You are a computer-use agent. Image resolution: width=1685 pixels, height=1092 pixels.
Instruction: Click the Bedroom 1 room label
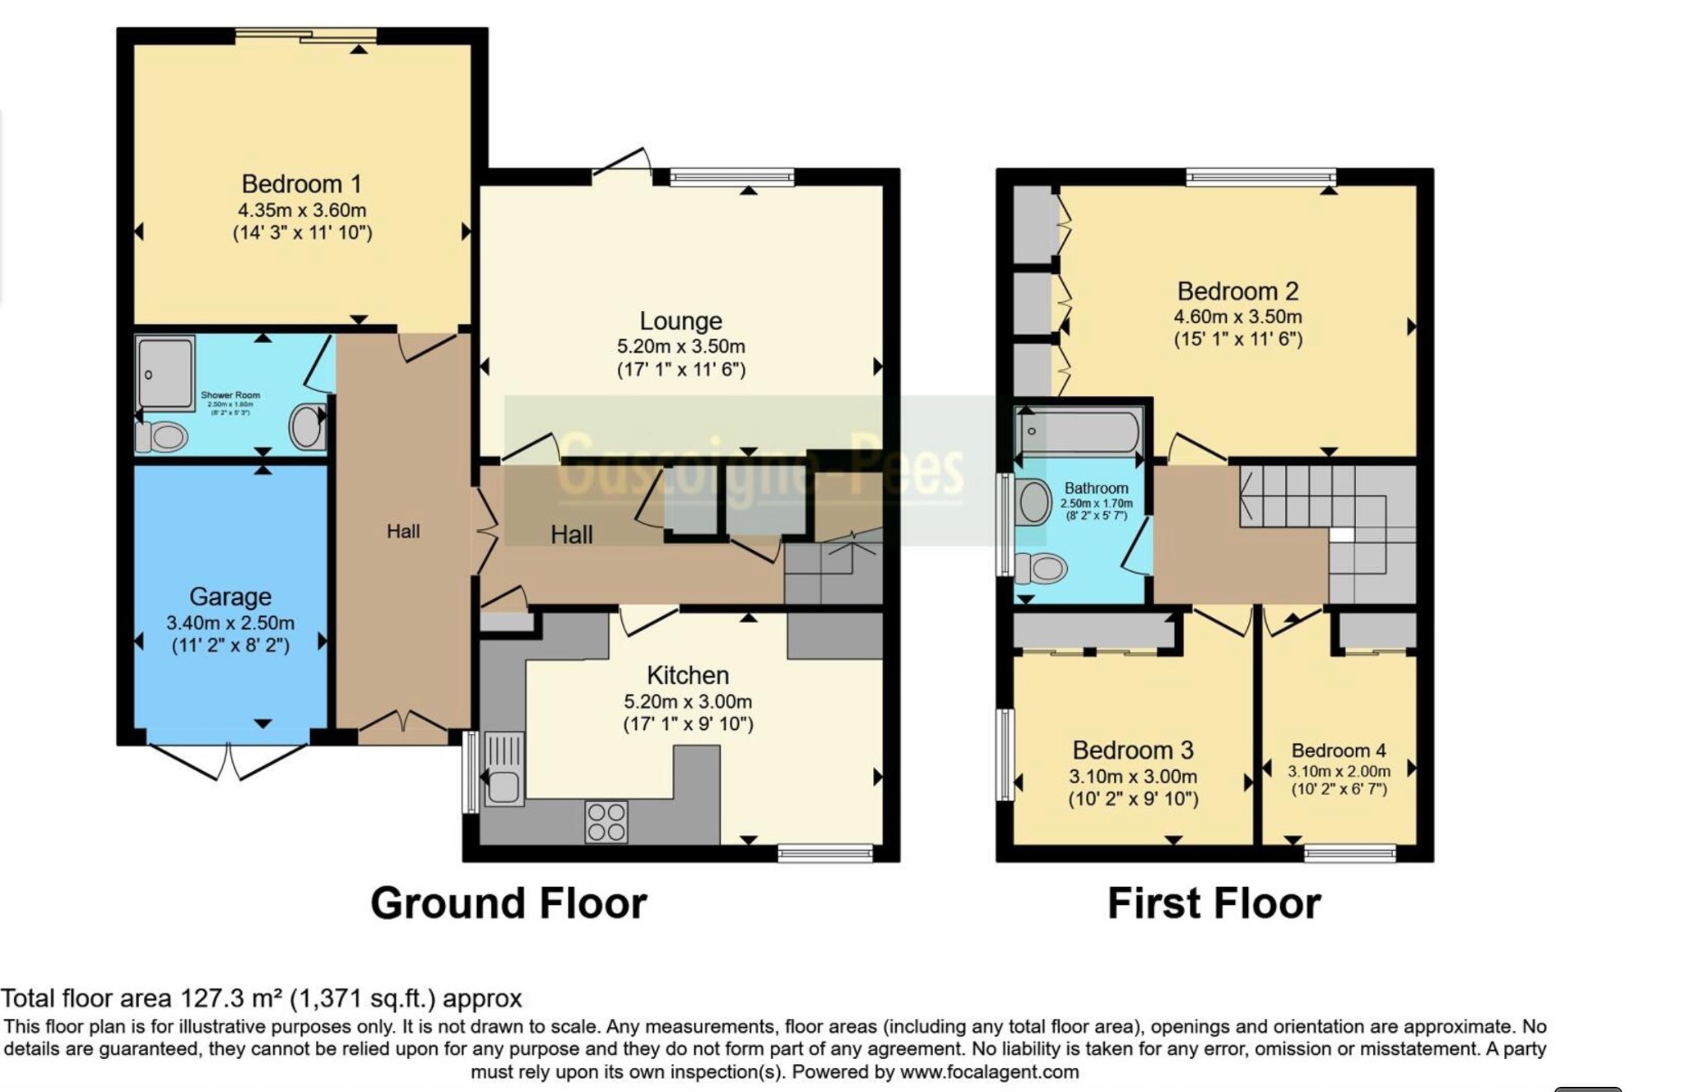coord(301,184)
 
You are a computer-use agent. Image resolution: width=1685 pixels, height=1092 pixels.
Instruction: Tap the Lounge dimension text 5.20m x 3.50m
coord(680,346)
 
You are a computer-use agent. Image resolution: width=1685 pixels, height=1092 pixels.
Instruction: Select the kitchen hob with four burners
coord(606,821)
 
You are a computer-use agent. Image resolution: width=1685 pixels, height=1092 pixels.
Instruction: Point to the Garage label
coord(230,597)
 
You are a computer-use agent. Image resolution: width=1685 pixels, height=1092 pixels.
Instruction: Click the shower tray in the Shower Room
coord(165,372)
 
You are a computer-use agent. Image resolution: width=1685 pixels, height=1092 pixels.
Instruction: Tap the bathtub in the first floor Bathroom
coord(1079,430)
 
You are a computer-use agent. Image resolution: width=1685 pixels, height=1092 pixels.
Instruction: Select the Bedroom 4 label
coord(1339,750)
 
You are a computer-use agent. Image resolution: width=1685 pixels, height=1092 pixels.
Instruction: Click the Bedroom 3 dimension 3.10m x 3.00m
coord(1133,776)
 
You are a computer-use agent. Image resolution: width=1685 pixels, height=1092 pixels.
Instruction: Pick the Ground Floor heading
coord(508,903)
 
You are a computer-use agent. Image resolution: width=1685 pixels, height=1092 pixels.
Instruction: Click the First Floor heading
coord(1214,903)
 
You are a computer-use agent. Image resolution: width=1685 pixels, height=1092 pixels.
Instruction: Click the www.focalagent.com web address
coord(989,1071)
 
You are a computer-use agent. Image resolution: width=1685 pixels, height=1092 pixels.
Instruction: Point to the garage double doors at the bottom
coord(228,761)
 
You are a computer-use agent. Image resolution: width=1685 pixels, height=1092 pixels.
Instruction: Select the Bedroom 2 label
coord(1237,291)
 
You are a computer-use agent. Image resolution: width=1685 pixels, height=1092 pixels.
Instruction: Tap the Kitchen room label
coord(688,676)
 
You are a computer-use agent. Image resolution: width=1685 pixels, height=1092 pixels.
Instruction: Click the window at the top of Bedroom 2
coord(1260,176)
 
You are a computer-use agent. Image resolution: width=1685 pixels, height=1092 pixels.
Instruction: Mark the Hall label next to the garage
coord(403,532)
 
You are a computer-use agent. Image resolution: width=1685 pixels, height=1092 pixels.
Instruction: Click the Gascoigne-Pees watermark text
coord(761,471)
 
